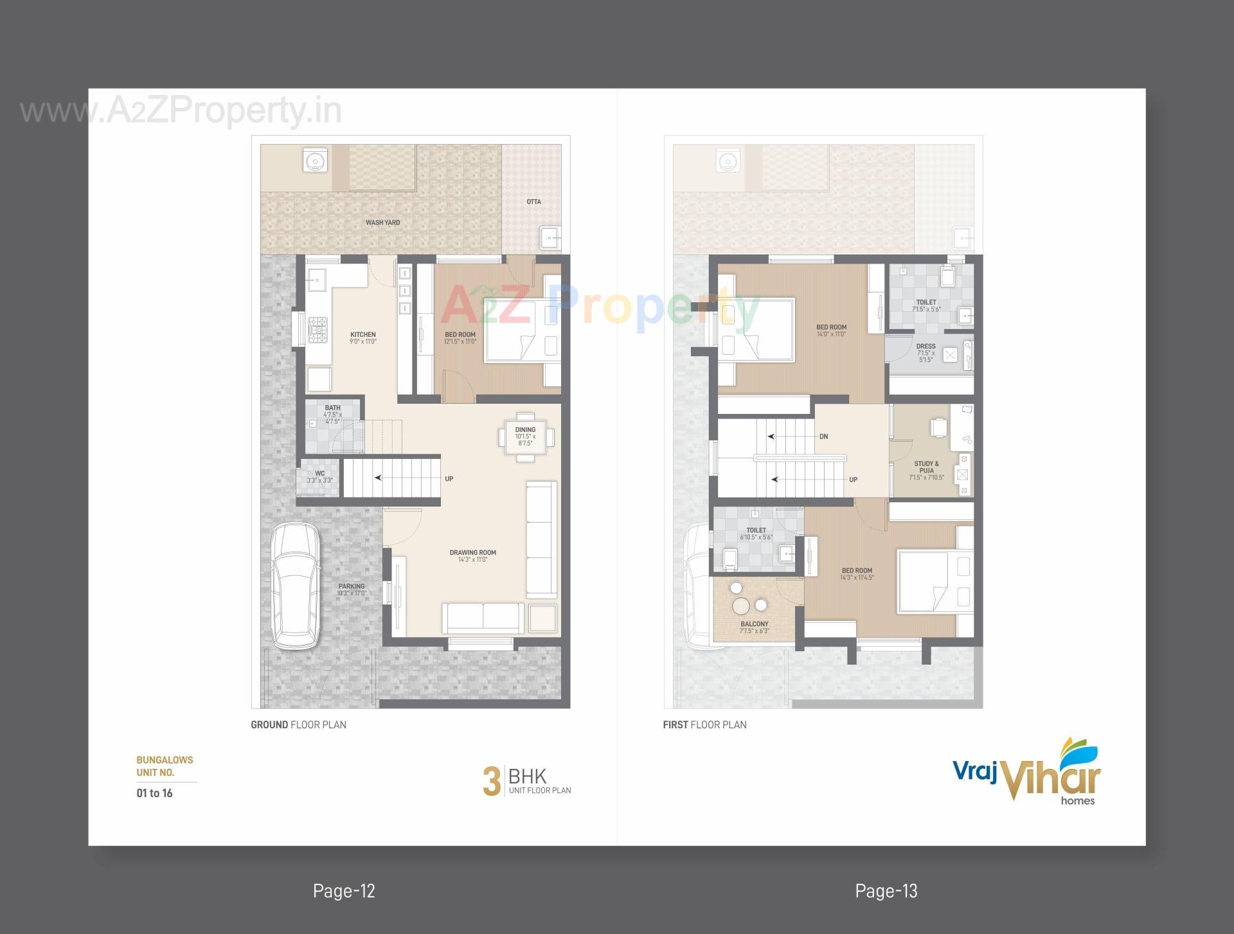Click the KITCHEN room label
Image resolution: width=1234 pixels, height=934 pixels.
click(x=362, y=335)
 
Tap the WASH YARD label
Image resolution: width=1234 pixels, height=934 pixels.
click(x=382, y=222)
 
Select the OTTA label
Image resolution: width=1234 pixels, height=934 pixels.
click(x=533, y=202)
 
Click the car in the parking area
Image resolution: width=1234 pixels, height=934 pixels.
click(x=295, y=586)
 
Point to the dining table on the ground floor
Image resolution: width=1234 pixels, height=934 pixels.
click(x=525, y=437)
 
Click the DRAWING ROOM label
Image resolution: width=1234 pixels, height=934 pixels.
click(x=472, y=553)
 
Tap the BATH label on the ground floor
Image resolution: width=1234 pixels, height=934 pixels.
click(x=332, y=408)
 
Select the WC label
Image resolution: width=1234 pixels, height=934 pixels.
click(x=319, y=474)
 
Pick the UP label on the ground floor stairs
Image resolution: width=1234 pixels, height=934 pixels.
click(x=449, y=479)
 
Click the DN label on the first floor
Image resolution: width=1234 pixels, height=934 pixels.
click(x=823, y=436)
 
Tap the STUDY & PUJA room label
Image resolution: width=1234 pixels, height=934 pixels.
click(x=926, y=467)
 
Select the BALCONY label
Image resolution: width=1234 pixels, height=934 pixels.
click(x=754, y=624)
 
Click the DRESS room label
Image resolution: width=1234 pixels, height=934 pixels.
click(x=925, y=346)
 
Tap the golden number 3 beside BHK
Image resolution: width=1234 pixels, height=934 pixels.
click(x=491, y=782)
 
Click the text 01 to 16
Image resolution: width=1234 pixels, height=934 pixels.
click(x=154, y=793)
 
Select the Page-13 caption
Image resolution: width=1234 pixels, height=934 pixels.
click(x=886, y=891)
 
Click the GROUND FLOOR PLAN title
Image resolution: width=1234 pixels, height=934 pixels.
click(x=298, y=724)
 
